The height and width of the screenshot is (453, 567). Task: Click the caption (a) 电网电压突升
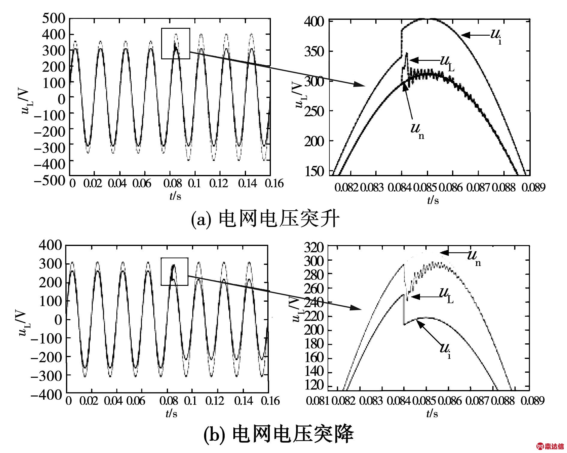(265, 220)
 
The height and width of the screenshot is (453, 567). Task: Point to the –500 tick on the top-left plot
(49, 181)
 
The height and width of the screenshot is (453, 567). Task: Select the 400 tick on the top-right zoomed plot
(314, 22)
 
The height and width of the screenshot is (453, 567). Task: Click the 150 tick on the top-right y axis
(314, 171)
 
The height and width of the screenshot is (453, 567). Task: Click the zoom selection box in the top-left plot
(175, 43)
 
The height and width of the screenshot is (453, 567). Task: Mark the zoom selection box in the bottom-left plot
(174, 271)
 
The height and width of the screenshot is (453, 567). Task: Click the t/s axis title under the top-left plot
(175, 196)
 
